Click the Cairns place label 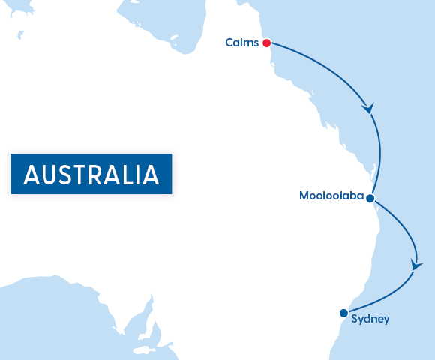(x=241, y=43)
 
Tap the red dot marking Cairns (x=265, y=43)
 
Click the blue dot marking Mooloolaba (x=370, y=198)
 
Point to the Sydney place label (x=370, y=319)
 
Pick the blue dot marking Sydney (x=343, y=313)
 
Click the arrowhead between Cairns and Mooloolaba (x=367, y=108)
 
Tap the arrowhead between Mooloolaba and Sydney (x=416, y=264)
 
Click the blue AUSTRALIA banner (x=91, y=174)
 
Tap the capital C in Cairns (x=229, y=43)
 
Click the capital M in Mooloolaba (x=304, y=196)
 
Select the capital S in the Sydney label (x=355, y=319)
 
